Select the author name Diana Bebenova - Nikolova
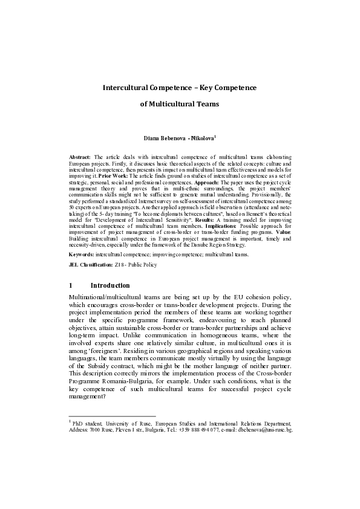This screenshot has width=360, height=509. pos(178,138)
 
